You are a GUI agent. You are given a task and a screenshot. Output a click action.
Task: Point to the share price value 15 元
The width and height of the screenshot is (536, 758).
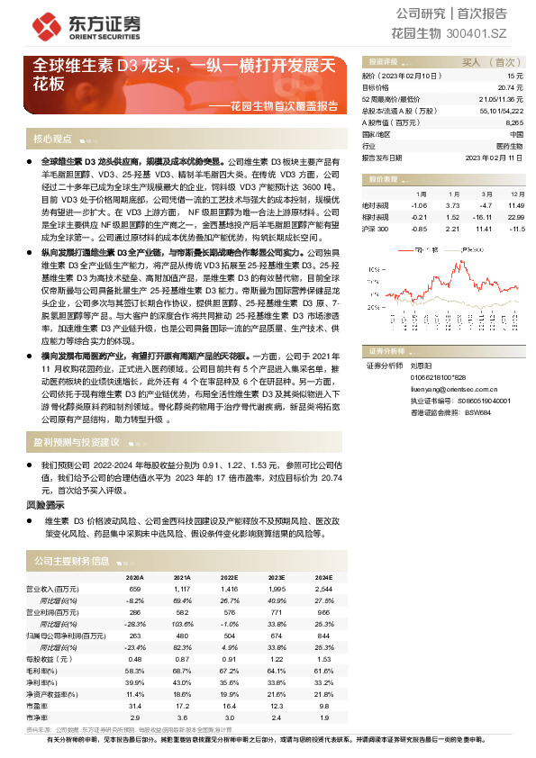pos(514,77)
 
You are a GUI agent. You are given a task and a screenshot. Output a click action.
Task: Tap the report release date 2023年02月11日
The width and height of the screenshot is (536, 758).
pos(494,157)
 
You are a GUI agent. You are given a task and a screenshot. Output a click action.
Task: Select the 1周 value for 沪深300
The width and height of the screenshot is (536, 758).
pos(418,229)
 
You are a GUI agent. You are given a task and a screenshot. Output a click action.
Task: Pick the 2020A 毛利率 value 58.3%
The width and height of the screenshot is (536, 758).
pos(135,672)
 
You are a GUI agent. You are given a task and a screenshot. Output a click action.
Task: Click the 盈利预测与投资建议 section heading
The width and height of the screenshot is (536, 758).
pos(77,442)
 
